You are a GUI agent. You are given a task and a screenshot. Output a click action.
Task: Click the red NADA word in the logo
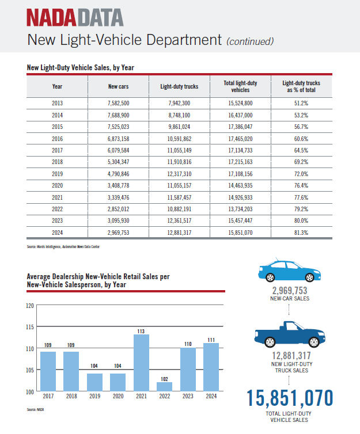pos(51,17)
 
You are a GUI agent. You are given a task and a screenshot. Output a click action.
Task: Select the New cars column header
pos(118,86)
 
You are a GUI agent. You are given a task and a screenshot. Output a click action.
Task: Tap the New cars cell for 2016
pos(118,139)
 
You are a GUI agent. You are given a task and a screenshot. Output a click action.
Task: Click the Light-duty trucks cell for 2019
pos(179,174)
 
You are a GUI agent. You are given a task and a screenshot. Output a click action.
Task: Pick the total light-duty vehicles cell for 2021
pos(240,197)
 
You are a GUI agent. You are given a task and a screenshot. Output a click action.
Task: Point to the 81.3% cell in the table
pos(301,233)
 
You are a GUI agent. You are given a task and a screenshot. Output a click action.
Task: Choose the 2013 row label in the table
pos(58,103)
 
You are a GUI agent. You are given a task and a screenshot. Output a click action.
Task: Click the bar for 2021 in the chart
pos(141,363)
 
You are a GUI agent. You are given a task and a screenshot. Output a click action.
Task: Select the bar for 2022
pos(165,387)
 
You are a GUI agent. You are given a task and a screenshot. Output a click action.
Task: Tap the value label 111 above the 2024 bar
pos(211,340)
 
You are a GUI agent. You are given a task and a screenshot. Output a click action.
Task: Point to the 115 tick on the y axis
pos(30,327)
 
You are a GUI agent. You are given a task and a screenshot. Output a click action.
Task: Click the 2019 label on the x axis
pos(94,396)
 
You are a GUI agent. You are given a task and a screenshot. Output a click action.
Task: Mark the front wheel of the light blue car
pos(309,277)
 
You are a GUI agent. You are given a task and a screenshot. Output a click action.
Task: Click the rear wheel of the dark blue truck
pos(270,342)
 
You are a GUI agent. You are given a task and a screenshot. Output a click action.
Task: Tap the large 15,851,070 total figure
pos(289,398)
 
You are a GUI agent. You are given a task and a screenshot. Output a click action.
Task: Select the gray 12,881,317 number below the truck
pos(291,356)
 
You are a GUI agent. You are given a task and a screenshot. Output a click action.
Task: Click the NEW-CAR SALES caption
pos(290,298)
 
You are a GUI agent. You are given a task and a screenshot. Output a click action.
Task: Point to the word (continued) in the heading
pos(250,41)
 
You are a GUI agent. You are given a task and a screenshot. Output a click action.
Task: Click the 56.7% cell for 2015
pos(301,127)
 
